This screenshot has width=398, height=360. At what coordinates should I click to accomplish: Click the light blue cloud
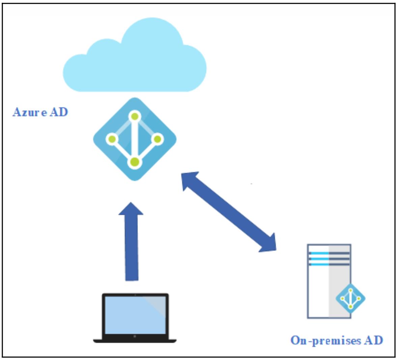click(135, 64)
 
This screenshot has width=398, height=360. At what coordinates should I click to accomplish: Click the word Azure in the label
click(30, 112)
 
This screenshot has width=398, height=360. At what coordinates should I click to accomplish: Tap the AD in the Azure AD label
click(59, 112)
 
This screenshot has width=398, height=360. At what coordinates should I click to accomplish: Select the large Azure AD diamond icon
click(135, 139)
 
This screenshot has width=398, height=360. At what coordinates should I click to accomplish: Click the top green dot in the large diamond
click(135, 117)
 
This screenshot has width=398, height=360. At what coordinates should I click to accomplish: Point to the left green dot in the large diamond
click(112, 139)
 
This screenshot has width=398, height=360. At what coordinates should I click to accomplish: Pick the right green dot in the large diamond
click(158, 139)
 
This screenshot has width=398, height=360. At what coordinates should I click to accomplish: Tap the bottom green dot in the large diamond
click(135, 162)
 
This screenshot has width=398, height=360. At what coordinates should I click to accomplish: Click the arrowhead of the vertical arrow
click(131, 209)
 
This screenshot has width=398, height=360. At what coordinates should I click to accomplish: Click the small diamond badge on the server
click(350, 298)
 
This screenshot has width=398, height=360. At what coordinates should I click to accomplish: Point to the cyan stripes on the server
click(319, 259)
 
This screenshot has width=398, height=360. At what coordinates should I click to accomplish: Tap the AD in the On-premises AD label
click(373, 340)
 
